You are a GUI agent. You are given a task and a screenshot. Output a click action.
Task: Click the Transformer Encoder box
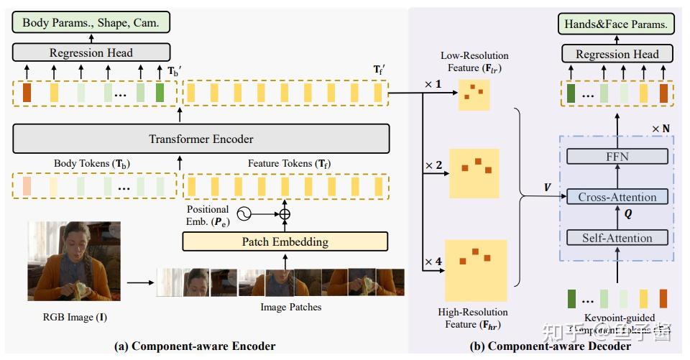click(x=201, y=139)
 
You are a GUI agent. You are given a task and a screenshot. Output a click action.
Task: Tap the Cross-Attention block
click(x=617, y=197)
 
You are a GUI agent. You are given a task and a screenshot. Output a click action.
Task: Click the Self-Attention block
click(x=617, y=238)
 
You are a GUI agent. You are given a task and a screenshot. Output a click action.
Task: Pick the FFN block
click(x=617, y=157)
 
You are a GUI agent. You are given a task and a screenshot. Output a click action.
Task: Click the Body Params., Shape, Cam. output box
click(x=91, y=22)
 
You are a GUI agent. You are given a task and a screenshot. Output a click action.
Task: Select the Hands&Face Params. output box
click(x=616, y=24)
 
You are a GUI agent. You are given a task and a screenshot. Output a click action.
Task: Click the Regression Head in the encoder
click(x=91, y=52)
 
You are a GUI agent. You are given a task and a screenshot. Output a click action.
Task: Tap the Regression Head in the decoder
click(x=617, y=54)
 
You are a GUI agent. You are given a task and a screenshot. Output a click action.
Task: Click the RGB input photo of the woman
click(x=69, y=261)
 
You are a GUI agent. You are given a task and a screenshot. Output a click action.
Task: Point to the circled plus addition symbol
click(x=285, y=213)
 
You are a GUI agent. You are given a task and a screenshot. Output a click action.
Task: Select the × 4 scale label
click(x=433, y=262)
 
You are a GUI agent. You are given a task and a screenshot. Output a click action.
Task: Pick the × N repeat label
click(x=661, y=129)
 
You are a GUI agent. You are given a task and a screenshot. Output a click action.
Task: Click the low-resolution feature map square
click(x=474, y=93)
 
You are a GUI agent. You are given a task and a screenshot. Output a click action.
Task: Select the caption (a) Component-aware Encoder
click(x=195, y=346)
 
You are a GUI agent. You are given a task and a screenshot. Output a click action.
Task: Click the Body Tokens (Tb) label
click(x=92, y=163)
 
